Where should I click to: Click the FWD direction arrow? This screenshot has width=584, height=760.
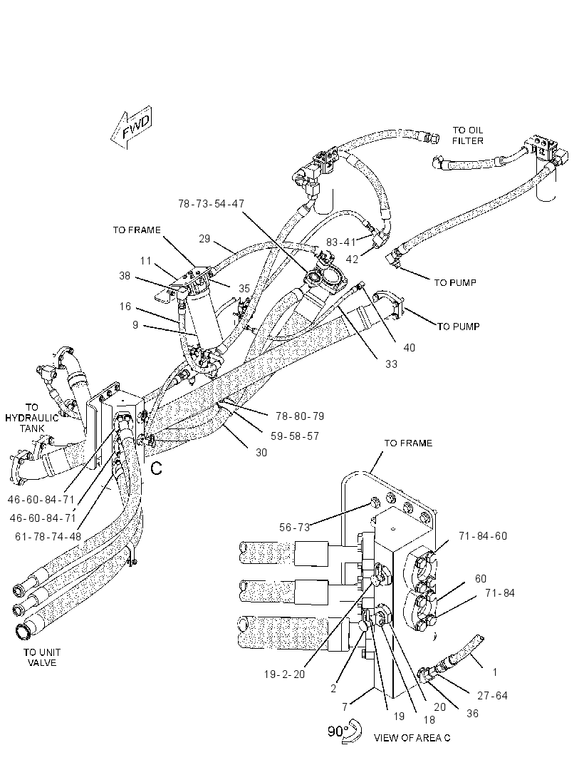point(131,128)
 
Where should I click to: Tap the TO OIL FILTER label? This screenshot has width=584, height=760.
point(468,135)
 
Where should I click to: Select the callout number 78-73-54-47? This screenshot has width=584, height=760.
point(212,204)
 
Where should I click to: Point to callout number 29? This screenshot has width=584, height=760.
point(205,238)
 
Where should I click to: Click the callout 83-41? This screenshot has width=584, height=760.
point(341,242)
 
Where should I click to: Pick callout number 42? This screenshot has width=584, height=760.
point(352,260)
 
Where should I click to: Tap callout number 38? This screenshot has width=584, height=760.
point(125,276)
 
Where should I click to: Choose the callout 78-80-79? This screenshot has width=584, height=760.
point(300,416)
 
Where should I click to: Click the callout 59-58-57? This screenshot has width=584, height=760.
point(295,436)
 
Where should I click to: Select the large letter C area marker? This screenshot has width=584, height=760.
point(156,468)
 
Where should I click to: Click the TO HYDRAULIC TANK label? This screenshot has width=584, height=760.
point(32,418)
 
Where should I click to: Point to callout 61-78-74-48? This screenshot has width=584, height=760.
point(48,537)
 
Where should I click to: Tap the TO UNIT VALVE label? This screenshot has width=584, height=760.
point(42,658)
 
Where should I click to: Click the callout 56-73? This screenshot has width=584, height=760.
point(294,528)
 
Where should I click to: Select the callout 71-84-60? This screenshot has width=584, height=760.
point(483,536)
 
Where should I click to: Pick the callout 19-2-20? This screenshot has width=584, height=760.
point(285,674)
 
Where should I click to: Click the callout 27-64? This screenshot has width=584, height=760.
point(492,696)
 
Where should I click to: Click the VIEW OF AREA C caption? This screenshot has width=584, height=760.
point(412,738)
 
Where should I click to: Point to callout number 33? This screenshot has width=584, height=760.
point(391,364)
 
